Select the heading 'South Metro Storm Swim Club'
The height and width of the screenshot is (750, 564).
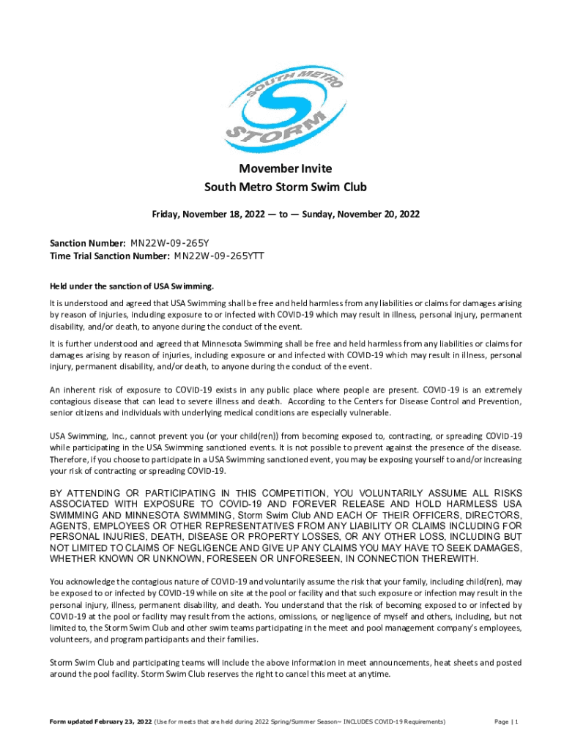(x=285, y=187)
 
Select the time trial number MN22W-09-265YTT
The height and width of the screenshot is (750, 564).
(x=219, y=256)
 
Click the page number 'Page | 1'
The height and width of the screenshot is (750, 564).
(x=506, y=722)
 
